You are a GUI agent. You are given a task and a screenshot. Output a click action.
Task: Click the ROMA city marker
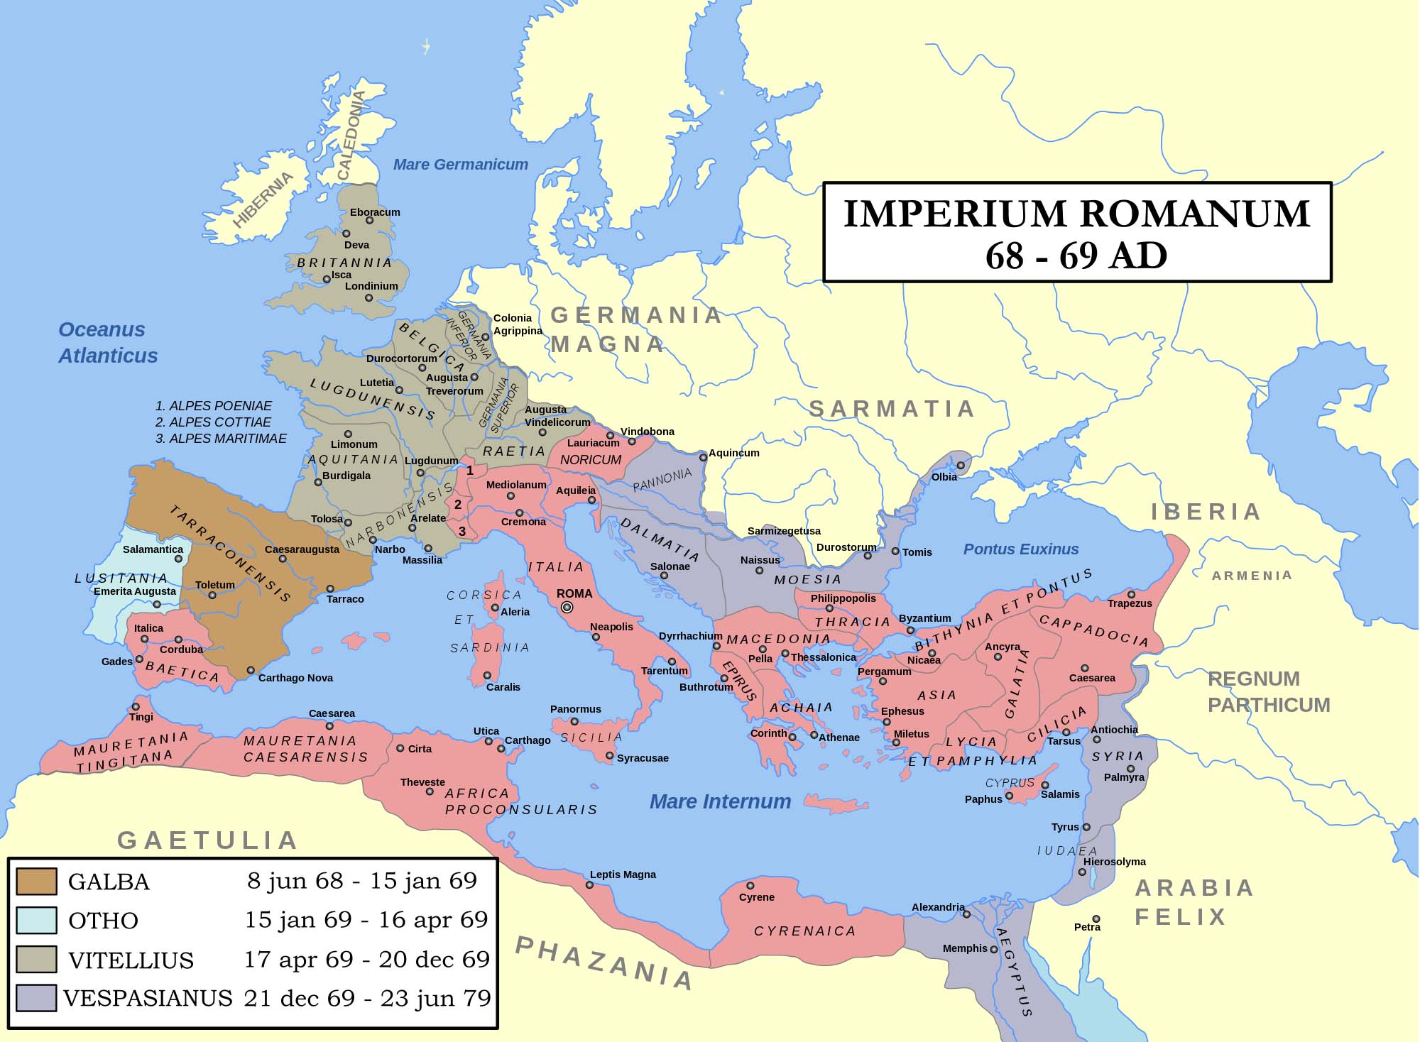(567, 607)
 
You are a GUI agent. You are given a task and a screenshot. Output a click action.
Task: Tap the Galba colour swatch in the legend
(36, 881)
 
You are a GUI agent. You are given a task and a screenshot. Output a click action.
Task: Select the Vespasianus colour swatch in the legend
(36, 997)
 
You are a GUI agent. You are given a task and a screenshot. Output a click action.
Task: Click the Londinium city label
(371, 286)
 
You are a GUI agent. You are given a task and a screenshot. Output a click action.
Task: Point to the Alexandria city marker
(966, 914)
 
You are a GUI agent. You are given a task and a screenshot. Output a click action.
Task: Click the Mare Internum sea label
(720, 801)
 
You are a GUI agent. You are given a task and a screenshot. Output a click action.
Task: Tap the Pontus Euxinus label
(1020, 549)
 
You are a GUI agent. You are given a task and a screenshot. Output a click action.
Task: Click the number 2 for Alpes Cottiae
(458, 505)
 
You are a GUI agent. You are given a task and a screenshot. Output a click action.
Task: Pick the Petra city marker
(1096, 919)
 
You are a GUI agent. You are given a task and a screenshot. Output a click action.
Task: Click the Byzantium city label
(924, 618)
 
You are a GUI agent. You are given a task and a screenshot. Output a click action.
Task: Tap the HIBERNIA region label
(262, 199)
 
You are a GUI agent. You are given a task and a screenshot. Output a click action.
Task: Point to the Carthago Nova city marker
(251, 670)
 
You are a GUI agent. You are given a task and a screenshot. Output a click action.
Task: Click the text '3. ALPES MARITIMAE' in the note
(221, 439)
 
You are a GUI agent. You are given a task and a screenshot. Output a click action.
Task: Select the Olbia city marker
(960, 466)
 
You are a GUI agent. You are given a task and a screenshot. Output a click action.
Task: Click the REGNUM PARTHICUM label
(1269, 692)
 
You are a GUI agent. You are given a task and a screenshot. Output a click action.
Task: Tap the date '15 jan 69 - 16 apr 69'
(366, 920)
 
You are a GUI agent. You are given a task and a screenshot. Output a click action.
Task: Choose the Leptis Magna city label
(623, 874)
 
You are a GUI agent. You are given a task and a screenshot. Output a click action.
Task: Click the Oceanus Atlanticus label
(108, 342)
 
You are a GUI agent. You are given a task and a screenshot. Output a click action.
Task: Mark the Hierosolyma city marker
(1082, 872)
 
